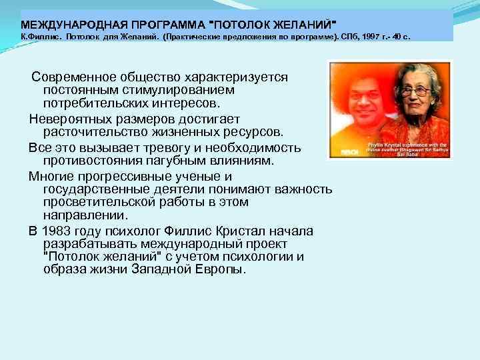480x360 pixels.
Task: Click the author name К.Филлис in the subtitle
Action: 39,38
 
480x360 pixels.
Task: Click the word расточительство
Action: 93,132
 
